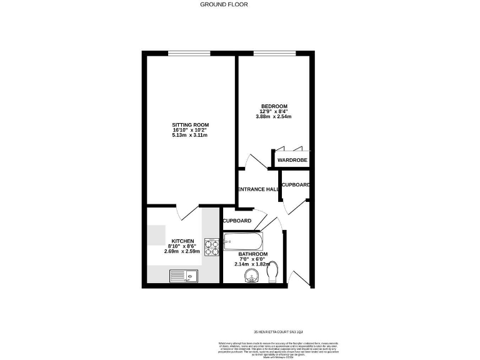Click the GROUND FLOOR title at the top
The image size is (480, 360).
(224, 4)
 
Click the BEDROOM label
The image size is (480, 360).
(274, 106)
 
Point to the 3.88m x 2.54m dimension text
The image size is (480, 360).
(274, 116)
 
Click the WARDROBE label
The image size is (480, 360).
(293, 161)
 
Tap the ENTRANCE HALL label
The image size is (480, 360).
(257, 189)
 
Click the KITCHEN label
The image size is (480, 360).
(183, 241)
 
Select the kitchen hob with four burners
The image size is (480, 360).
(211, 247)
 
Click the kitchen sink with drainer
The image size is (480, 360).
(184, 276)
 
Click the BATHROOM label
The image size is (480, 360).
(253, 254)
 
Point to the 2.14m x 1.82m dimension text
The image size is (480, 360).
(253, 264)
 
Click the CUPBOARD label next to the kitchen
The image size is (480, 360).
(237, 221)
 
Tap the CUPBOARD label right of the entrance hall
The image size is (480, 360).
(296, 185)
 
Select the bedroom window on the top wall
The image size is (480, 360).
(274, 52)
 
